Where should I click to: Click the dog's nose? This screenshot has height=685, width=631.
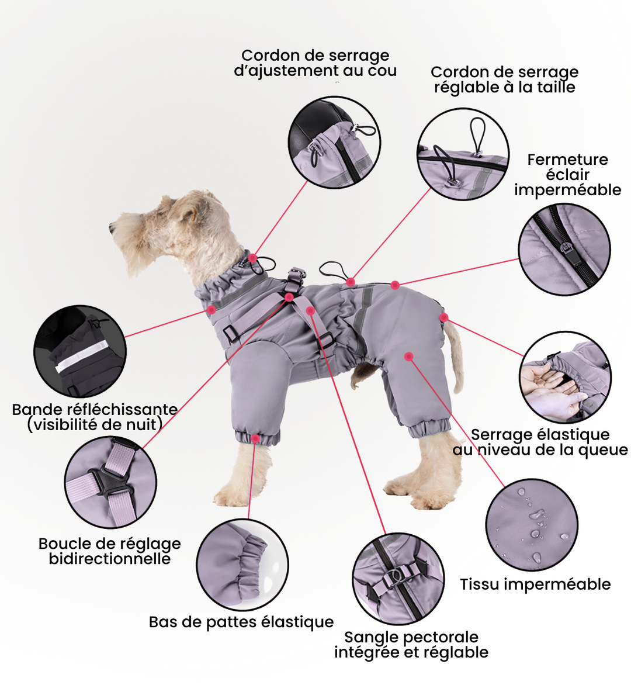pyautogui.click(x=112, y=226)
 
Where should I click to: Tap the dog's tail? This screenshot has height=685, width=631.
pyautogui.click(x=453, y=354)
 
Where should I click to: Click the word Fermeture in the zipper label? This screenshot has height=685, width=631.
pyautogui.click(x=567, y=160)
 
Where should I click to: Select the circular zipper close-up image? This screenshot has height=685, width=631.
pyautogui.click(x=564, y=250)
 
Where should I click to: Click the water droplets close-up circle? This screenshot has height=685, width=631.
pyautogui.click(x=532, y=525)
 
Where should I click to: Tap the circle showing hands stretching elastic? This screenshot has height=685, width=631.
pyautogui.click(x=566, y=377)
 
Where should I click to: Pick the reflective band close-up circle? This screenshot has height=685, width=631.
pyautogui.click(x=80, y=351)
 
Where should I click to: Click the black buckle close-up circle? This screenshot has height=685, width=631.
pyautogui.click(x=110, y=482)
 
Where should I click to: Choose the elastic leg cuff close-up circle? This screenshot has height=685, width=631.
pyautogui.click(x=242, y=565)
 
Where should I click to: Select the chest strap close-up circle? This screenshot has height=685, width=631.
pyautogui.click(x=398, y=579)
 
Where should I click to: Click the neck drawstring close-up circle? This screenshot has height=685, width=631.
pyautogui.click(x=334, y=143)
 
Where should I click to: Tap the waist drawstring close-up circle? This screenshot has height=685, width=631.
pyautogui.click(x=463, y=154)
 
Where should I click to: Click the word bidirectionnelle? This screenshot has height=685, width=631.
pyautogui.click(x=110, y=559)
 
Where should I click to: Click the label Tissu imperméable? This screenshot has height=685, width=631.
pyautogui.click(x=535, y=584)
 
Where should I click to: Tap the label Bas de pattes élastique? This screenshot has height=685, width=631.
pyautogui.click(x=241, y=622)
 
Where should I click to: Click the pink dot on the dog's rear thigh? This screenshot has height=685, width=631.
pyautogui.click(x=409, y=357)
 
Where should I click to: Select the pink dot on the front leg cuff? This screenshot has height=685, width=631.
pyautogui.click(x=255, y=438)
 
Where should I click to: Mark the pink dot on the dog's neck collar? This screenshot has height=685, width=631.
pyautogui.click(x=252, y=258)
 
